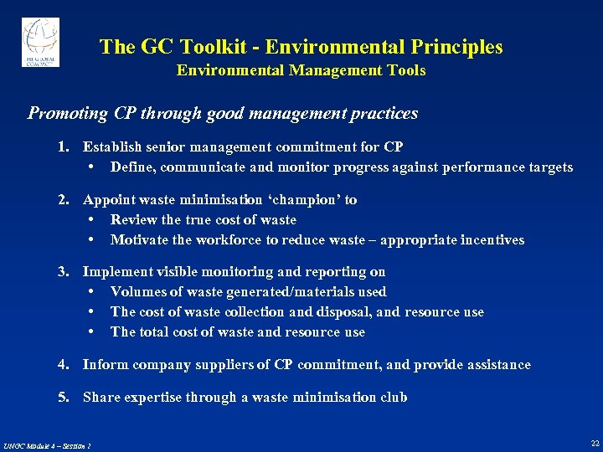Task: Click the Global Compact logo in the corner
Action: click(x=40, y=42)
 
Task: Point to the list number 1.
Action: click(x=62, y=147)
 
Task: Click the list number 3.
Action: click(x=62, y=272)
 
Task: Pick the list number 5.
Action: click(x=62, y=398)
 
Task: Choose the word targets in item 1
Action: click(x=550, y=167)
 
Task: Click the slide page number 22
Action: click(x=594, y=443)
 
